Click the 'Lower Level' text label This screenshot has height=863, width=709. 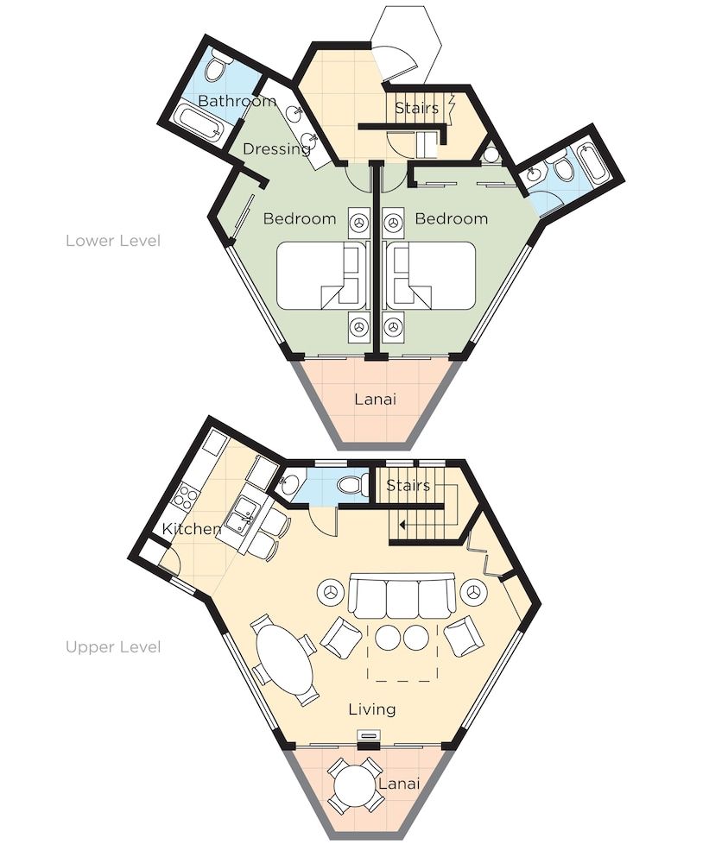pyautogui.click(x=113, y=241)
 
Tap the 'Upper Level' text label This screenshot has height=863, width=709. pyautogui.click(x=113, y=646)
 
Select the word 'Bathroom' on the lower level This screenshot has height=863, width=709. pyautogui.click(x=237, y=101)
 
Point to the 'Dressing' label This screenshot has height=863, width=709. pyautogui.click(x=276, y=148)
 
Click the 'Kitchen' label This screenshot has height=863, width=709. pyautogui.click(x=191, y=528)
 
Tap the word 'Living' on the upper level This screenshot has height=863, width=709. pyautogui.click(x=372, y=709)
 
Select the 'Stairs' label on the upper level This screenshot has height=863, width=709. pyautogui.click(x=408, y=485)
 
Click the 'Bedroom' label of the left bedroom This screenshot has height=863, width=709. pyautogui.click(x=299, y=218)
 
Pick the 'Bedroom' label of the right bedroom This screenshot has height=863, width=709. pyautogui.click(x=451, y=218)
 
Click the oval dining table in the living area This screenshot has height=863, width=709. pyautogui.click(x=285, y=658)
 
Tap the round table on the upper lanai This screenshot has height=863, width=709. pyautogui.click(x=356, y=784)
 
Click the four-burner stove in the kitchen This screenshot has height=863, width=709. pyautogui.click(x=186, y=495)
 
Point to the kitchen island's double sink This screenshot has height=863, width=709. pyautogui.click(x=241, y=511)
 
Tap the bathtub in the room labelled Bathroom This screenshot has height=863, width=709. pyautogui.click(x=199, y=124)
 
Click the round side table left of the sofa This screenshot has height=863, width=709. pyautogui.click(x=332, y=593)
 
